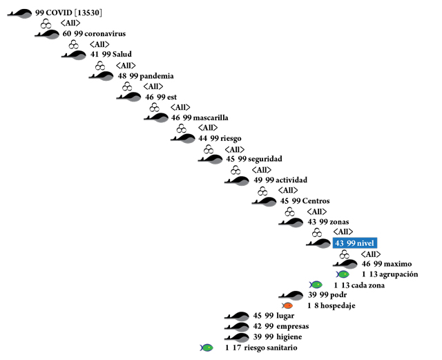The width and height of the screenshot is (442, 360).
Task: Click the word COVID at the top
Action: coord(60,12)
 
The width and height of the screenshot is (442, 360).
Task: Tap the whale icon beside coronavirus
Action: coord(47,34)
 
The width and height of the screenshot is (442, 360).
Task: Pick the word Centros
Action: coord(316,201)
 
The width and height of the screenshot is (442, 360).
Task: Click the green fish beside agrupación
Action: coord(343,274)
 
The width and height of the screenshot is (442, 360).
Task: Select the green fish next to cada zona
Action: coord(316,285)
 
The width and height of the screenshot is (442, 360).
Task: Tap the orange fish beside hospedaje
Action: coord(288,305)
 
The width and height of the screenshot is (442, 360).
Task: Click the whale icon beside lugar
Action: coord(237,316)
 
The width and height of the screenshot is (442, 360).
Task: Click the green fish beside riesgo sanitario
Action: coord(206,348)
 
